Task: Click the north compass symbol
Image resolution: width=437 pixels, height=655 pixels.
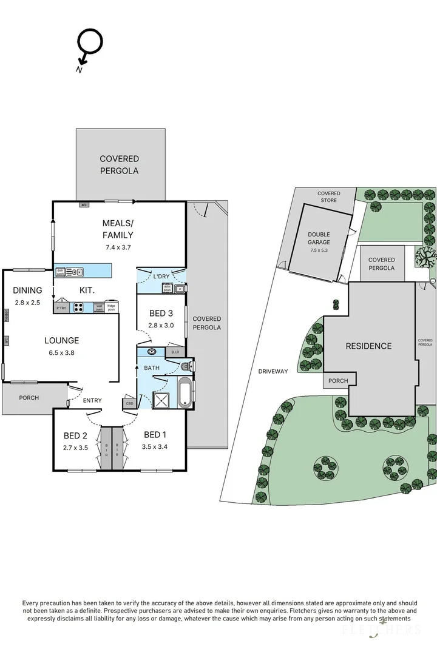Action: (89, 45)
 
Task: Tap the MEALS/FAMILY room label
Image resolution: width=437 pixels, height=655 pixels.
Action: (118, 229)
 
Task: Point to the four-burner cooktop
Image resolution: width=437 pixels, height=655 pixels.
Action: (79, 307)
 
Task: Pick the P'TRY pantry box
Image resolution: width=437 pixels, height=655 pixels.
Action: (61, 307)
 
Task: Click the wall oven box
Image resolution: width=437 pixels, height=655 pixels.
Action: (98, 307)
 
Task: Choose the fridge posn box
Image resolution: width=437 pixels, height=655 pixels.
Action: (112, 307)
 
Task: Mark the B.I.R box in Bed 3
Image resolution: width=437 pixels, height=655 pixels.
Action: (174, 352)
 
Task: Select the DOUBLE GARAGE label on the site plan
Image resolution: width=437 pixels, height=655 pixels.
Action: (319, 238)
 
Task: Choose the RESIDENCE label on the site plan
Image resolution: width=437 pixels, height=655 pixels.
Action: (368, 346)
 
